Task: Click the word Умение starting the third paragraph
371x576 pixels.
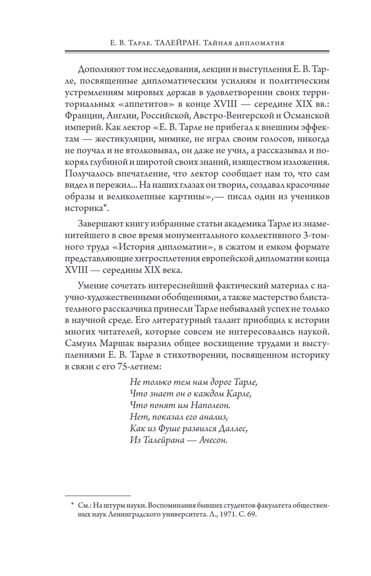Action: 93,285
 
